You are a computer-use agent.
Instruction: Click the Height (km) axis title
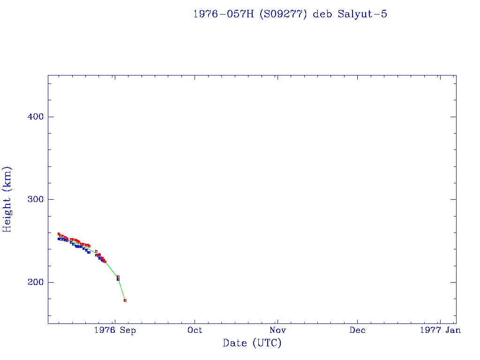[x=7, y=199]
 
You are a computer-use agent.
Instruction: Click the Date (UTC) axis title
[x=252, y=344]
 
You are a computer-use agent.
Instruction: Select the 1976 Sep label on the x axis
[x=115, y=330]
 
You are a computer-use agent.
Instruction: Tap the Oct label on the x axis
[x=195, y=330]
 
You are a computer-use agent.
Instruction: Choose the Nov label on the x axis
[x=277, y=330]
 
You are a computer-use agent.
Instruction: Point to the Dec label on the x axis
[x=357, y=330]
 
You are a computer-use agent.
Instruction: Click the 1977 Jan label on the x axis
[x=440, y=330]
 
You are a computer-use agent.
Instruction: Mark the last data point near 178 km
[x=125, y=300]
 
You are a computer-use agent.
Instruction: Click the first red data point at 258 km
[x=59, y=234]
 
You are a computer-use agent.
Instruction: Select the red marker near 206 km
[x=118, y=277]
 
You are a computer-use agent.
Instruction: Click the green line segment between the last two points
[x=122, y=289]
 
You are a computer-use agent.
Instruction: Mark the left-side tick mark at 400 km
[x=50, y=117]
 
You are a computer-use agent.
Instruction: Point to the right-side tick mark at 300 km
[x=453, y=199]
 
